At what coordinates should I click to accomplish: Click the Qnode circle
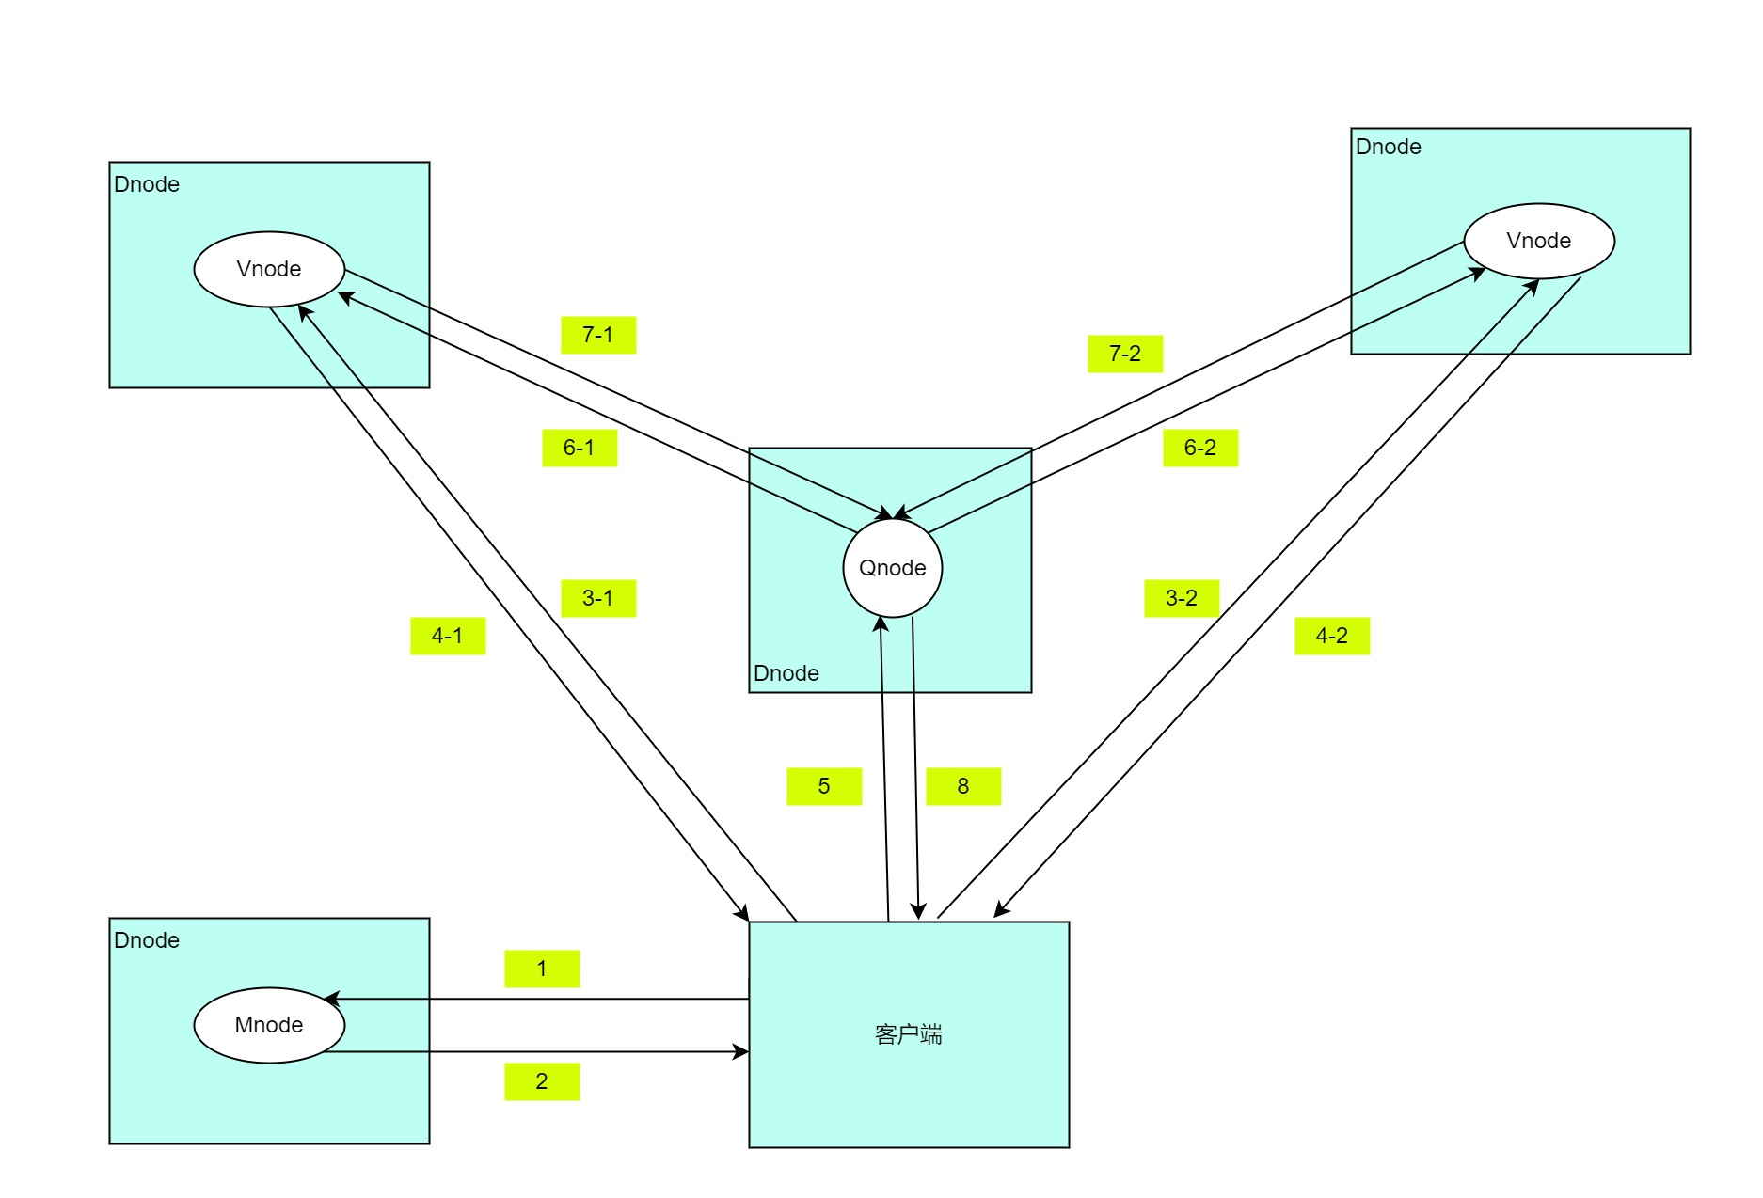pyautogui.click(x=892, y=568)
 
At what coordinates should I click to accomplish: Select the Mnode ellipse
pyautogui.click(x=269, y=1025)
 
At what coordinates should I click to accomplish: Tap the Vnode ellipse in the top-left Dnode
pyautogui.click(x=269, y=269)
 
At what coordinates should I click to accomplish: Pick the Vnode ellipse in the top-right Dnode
pyautogui.click(x=1539, y=241)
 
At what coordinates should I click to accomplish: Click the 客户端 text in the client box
pyautogui.click(x=908, y=1034)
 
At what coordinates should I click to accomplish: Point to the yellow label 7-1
pyautogui.click(x=598, y=335)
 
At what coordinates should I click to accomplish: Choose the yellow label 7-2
pyautogui.click(x=1125, y=354)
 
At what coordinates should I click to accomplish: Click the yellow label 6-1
pyautogui.click(x=580, y=448)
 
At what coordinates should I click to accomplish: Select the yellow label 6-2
pyautogui.click(x=1200, y=448)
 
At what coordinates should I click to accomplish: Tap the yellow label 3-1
pyautogui.click(x=598, y=598)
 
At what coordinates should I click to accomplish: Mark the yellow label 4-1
pyautogui.click(x=448, y=636)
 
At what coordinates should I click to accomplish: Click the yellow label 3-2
pyautogui.click(x=1182, y=598)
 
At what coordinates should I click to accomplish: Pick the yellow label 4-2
pyautogui.click(x=1332, y=636)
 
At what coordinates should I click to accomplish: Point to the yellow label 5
pyautogui.click(x=824, y=786)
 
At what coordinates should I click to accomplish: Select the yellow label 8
pyautogui.click(x=963, y=786)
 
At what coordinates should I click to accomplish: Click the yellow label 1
pyautogui.click(x=542, y=969)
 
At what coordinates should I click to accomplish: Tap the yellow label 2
pyautogui.click(x=542, y=1081)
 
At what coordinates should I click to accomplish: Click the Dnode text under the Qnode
pyautogui.click(x=786, y=673)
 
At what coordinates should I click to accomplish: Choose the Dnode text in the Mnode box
pyautogui.click(x=147, y=940)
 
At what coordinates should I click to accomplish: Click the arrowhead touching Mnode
pyautogui.click(x=331, y=999)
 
